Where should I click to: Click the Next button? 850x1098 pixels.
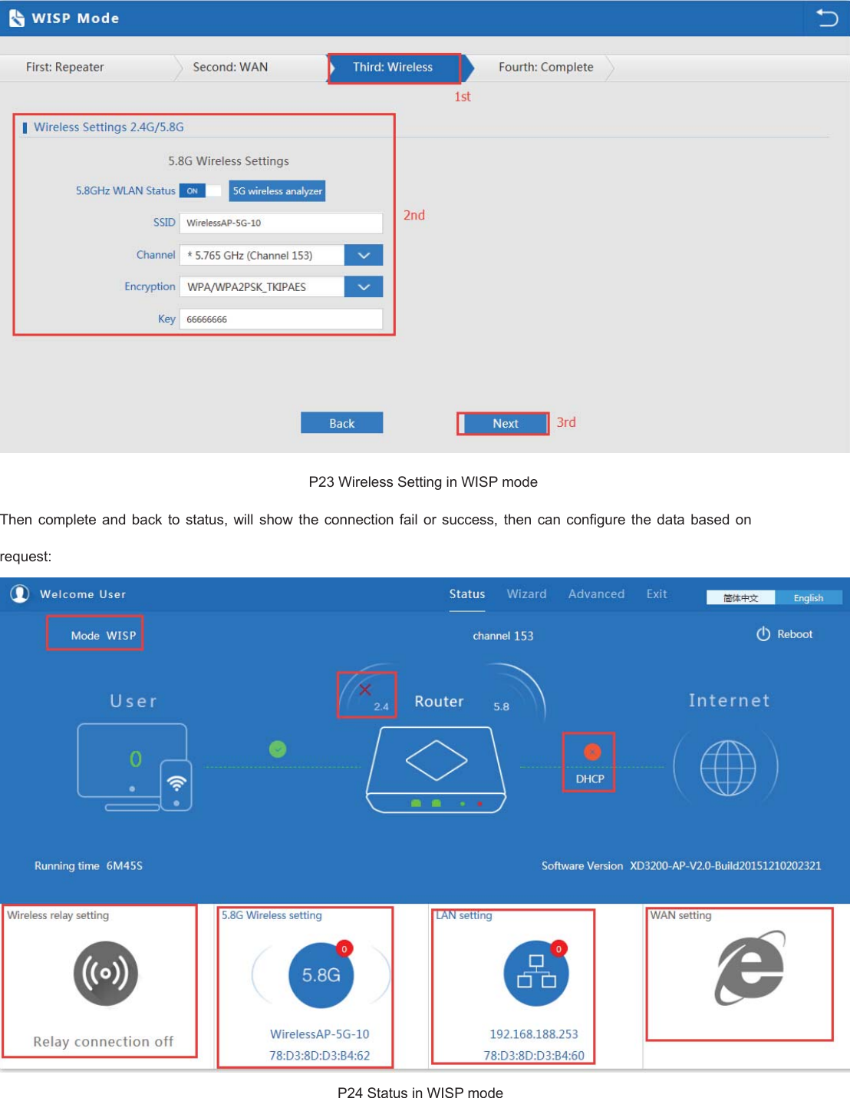coord(505,423)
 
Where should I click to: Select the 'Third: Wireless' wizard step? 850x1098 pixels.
coord(393,68)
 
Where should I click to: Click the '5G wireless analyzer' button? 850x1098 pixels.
coord(277,191)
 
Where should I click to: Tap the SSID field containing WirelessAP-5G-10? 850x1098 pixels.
coord(281,223)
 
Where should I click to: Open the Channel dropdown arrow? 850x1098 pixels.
coord(364,255)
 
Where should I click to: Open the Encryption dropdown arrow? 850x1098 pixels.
coord(364,286)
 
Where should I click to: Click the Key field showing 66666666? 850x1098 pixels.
coord(281,319)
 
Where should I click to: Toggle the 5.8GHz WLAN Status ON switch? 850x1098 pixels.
coord(199,191)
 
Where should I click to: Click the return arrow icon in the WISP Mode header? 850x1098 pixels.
coord(826,18)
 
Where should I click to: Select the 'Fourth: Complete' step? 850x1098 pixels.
coord(545,68)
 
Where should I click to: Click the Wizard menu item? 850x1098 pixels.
coord(526,594)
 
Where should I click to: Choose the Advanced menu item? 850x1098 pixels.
coord(596,594)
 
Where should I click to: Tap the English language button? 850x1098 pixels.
coord(808,598)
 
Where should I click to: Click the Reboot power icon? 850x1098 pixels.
coord(763,634)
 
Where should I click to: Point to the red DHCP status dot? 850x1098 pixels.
coord(592,752)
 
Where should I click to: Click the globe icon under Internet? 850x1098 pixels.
coord(727,768)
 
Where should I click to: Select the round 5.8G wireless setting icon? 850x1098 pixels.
coord(321,974)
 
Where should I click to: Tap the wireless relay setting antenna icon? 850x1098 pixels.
coord(106,974)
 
